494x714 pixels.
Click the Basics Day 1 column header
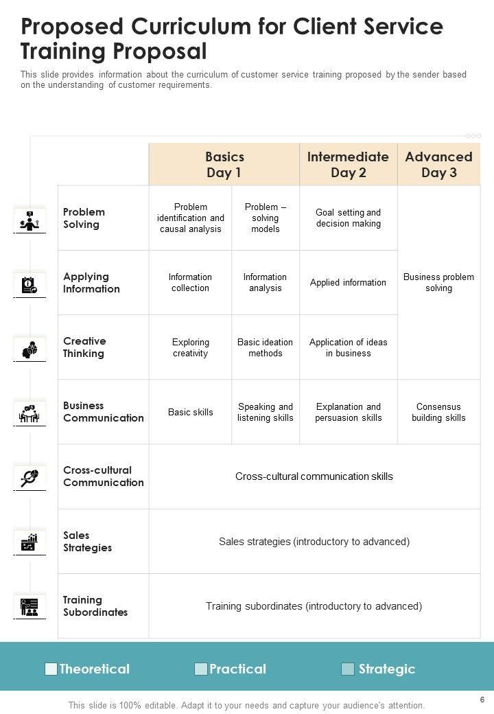coord(224,165)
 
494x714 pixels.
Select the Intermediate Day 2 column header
coord(348,165)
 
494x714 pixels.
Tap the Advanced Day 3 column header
coord(439,165)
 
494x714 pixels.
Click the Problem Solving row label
coord(84,218)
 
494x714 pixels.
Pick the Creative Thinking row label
coord(84,347)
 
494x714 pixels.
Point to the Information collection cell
coord(190,283)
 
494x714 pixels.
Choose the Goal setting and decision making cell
coord(349,218)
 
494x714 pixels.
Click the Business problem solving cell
coord(438,283)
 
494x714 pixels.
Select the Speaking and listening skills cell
coord(266,412)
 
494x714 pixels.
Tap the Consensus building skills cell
coord(438,412)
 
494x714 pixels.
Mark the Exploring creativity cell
coord(190,347)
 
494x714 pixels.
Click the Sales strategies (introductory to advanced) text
coord(314,542)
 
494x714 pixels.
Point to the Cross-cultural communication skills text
coord(314,476)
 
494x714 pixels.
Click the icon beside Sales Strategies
coord(30,542)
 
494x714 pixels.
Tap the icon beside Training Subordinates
coord(30,607)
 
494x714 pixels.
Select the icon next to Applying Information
coord(30,284)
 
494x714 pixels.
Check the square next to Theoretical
coord(51,669)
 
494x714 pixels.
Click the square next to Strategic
coord(348,669)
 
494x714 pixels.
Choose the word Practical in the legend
coord(237,669)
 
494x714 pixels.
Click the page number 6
coord(482,700)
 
